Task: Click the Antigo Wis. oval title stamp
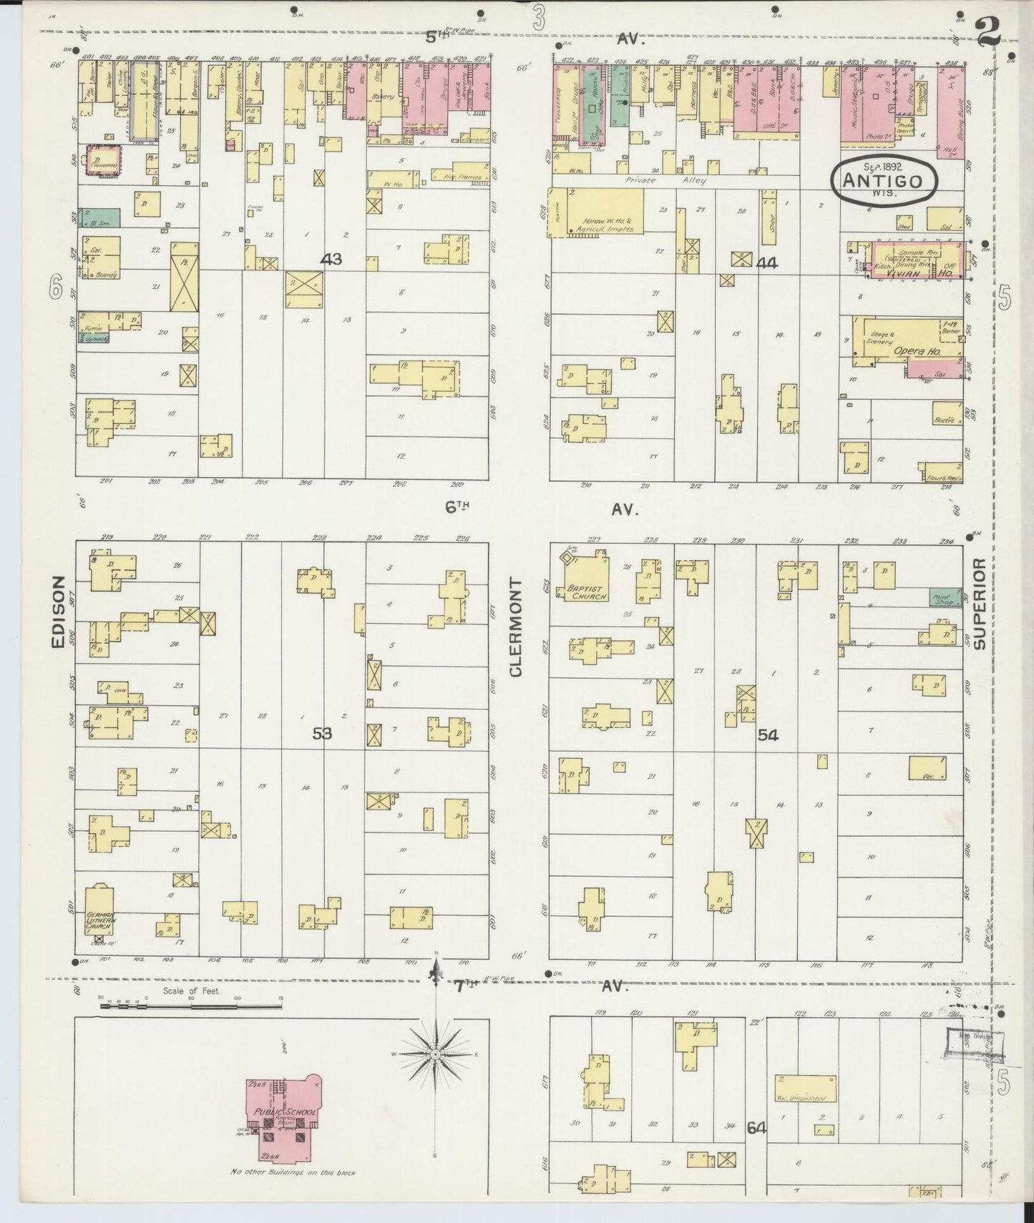click(x=885, y=180)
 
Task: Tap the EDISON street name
click(x=59, y=613)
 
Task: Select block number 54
click(x=769, y=735)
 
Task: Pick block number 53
click(x=322, y=732)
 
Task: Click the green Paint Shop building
click(x=944, y=596)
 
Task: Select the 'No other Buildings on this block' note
click(x=292, y=1172)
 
